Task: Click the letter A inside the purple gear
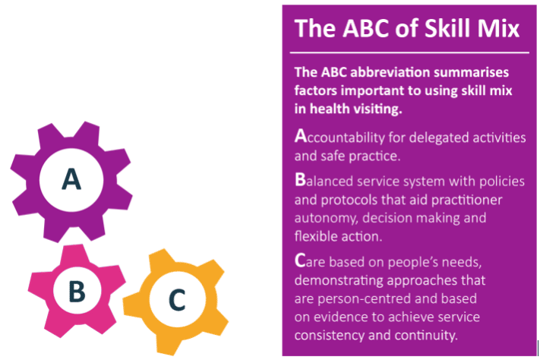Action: [x=71, y=178]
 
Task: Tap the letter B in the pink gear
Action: [x=77, y=291]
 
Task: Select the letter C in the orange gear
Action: [x=177, y=299]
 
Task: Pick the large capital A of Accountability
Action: [x=300, y=135]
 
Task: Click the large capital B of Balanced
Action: [x=300, y=179]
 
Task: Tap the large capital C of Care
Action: [x=299, y=260]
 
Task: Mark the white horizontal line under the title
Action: [x=409, y=52]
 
